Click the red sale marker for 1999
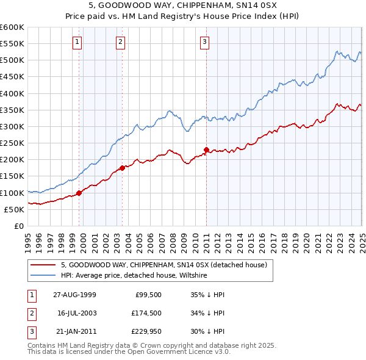coord(79,193)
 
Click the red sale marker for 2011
coord(207,149)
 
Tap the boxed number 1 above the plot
coord(77,42)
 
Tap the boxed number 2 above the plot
coord(120,42)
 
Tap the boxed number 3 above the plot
coord(204,42)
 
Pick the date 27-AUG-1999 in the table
coord(74,294)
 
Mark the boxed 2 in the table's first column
coord(31,312)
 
